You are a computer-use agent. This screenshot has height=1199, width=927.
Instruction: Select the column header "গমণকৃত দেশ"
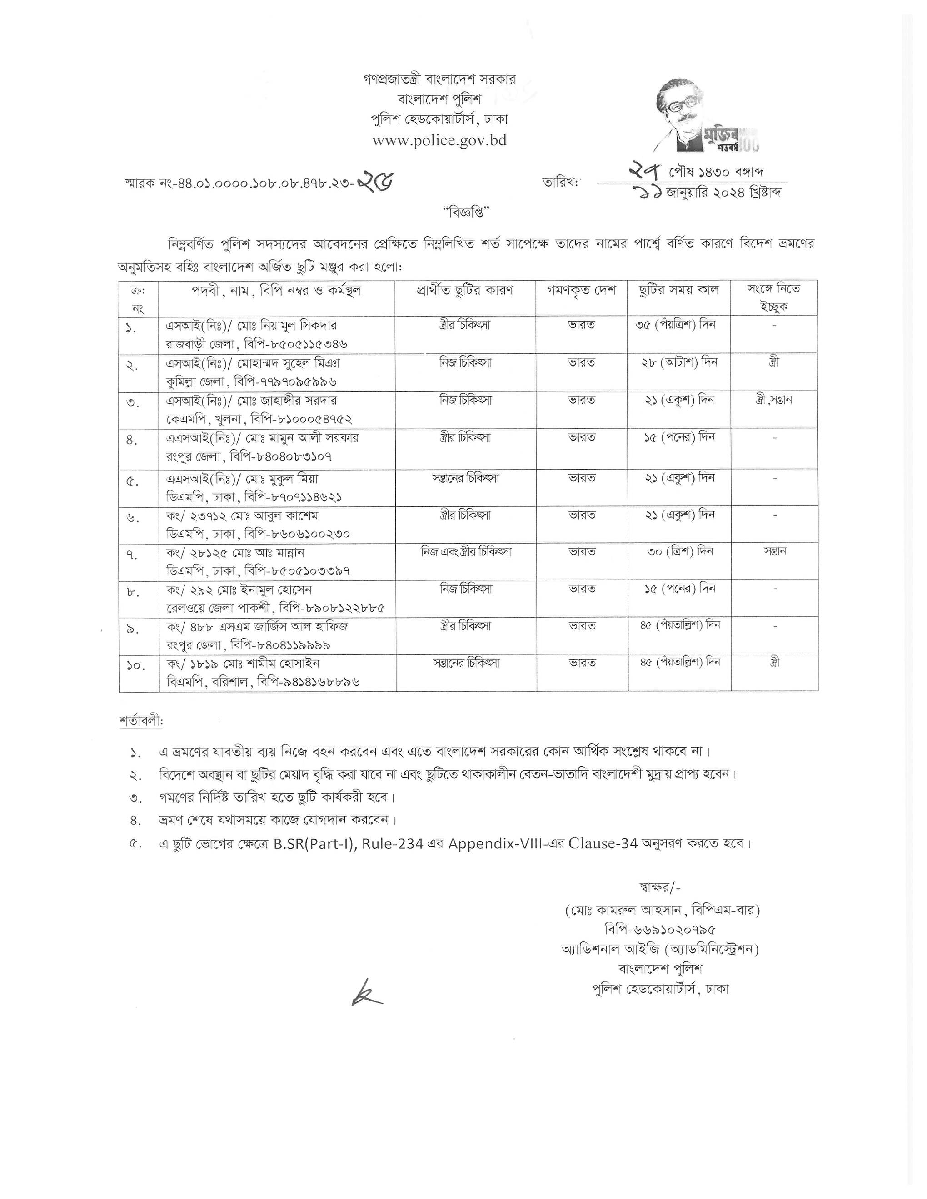pyautogui.click(x=582, y=290)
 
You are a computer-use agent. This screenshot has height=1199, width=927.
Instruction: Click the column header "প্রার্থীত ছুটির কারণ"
pyautogui.click(x=465, y=290)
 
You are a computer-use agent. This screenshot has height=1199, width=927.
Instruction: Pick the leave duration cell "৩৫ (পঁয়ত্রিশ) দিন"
pyautogui.click(x=679, y=325)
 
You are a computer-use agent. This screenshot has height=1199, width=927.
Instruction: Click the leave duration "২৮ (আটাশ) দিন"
pyautogui.click(x=679, y=362)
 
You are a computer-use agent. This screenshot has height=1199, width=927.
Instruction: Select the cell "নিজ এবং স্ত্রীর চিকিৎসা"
pyautogui.click(x=466, y=551)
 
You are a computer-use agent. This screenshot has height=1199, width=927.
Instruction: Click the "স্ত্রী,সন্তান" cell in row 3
pyautogui.click(x=774, y=400)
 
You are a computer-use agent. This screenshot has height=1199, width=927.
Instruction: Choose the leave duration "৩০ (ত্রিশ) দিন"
pyautogui.click(x=679, y=551)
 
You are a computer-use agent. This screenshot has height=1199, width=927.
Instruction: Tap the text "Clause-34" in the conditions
pyautogui.click(x=603, y=843)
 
